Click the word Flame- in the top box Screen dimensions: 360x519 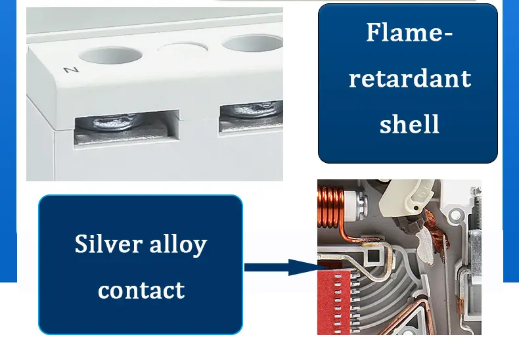[409, 32]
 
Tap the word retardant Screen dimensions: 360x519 [409, 79]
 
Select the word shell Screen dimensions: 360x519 [409, 124]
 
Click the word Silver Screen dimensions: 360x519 [108, 244]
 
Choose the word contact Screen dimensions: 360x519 [141, 290]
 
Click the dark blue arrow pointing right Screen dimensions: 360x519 [280, 267]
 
